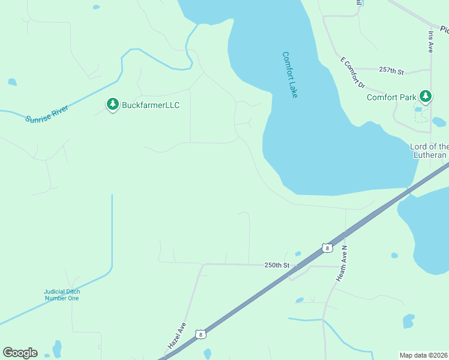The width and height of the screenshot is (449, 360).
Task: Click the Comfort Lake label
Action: tap(290, 75)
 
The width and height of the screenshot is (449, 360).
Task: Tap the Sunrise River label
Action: tap(47, 113)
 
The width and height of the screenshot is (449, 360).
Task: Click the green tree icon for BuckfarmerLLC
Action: tap(112, 104)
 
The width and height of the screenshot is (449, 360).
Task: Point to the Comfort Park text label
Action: tap(391, 97)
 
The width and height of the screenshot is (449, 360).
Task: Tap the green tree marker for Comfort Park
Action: tap(426, 96)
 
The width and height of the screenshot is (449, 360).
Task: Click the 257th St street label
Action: tap(391, 71)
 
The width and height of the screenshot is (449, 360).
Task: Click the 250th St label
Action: tap(277, 265)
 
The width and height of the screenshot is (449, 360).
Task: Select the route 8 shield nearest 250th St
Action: tap(326, 248)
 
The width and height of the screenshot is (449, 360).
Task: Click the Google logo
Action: tap(20, 353)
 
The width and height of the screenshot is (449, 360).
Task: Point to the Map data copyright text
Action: tap(424, 355)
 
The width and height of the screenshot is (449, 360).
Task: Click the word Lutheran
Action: tap(430, 155)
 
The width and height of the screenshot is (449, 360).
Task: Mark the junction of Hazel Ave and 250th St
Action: tap(203, 264)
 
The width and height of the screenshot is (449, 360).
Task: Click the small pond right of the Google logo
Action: tap(57, 349)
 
